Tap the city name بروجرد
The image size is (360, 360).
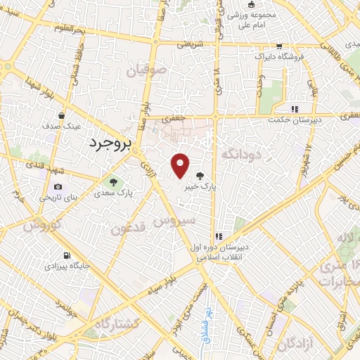(x=111, y=145)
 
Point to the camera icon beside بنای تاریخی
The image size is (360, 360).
(x=58, y=186)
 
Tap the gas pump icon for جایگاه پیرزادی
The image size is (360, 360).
(x=66, y=255)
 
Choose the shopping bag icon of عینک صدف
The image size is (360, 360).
(x=63, y=115)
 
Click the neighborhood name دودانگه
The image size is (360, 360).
(x=241, y=153)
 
